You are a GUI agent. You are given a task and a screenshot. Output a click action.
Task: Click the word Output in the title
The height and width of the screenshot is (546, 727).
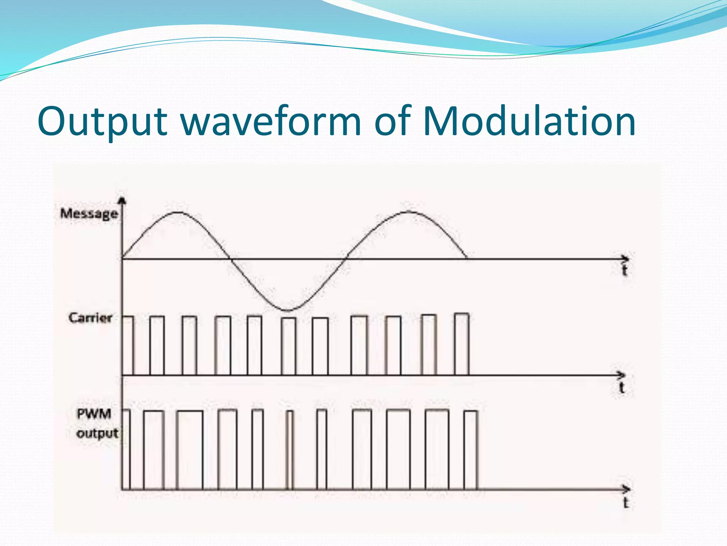(102, 122)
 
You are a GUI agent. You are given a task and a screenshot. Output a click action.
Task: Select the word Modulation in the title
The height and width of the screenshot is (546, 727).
(529, 122)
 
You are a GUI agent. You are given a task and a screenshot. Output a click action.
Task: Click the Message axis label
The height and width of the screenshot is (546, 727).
(89, 214)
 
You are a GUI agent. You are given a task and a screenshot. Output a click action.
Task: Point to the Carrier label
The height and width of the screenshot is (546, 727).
(90, 318)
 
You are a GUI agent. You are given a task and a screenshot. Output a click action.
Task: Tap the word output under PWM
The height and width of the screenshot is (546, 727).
(97, 433)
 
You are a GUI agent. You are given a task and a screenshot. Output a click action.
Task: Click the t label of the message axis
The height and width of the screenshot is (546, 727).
(625, 271)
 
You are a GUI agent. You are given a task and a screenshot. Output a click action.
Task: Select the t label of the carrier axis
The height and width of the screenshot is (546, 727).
(622, 387)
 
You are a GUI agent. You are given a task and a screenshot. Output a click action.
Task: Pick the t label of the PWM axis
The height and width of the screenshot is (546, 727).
(626, 503)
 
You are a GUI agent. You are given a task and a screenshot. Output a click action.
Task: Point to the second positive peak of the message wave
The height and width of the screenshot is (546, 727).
(409, 212)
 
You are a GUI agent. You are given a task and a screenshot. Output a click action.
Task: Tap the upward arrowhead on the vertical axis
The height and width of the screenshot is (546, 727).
(122, 200)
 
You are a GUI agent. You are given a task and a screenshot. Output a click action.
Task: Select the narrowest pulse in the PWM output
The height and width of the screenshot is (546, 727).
(290, 450)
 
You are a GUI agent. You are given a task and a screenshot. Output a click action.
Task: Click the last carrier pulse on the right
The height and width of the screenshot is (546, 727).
(461, 344)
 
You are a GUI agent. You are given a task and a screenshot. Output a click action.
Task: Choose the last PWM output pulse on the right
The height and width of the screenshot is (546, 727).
(471, 450)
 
